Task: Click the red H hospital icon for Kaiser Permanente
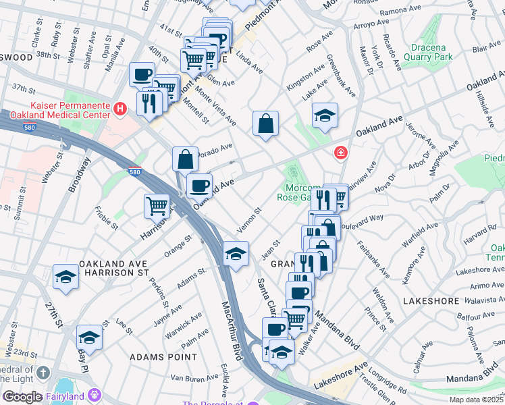[x=120, y=108]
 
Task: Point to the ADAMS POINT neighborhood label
[x=157, y=356]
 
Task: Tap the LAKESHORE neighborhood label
[x=431, y=298]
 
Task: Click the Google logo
[x=22, y=397]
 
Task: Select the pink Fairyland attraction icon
[x=94, y=393]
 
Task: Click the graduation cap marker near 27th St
[x=65, y=277]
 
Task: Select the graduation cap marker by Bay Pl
[x=89, y=336]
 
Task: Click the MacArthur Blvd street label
[x=231, y=331]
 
